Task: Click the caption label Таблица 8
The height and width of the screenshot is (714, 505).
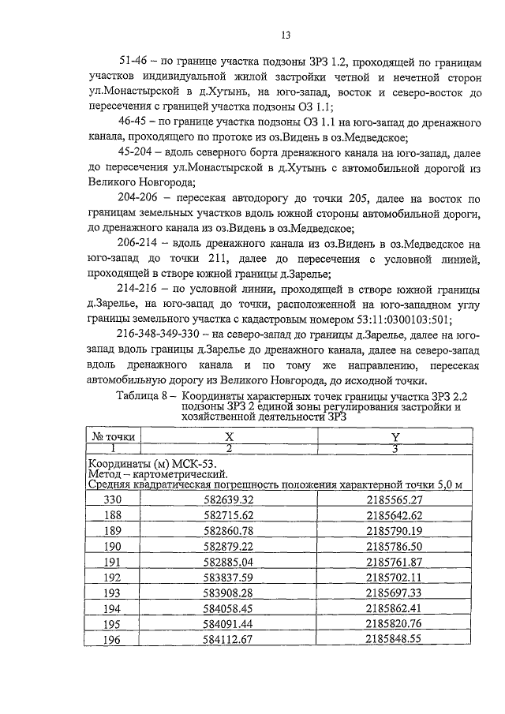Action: pos(144,394)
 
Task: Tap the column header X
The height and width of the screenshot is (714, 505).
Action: pos(229,436)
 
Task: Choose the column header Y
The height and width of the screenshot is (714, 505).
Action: pos(395,436)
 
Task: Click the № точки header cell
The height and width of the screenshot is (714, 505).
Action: pos(114,436)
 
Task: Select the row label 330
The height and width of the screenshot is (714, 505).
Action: pos(114,499)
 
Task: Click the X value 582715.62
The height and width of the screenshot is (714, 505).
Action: pos(228,514)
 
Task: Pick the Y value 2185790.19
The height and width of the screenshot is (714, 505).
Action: pos(395,530)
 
